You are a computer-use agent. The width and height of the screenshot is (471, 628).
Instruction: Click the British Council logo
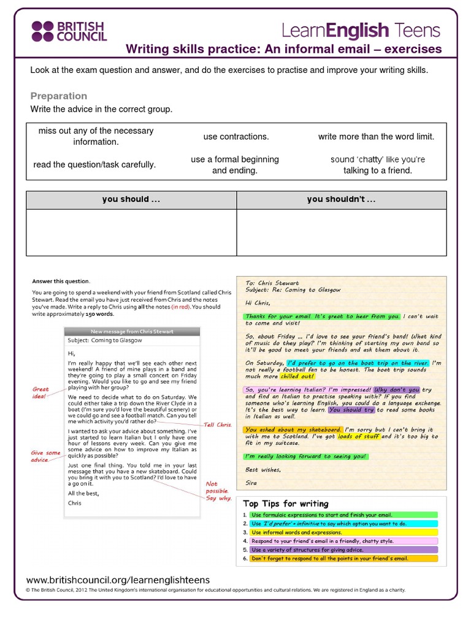69,31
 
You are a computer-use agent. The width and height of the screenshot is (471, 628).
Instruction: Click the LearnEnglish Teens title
360,29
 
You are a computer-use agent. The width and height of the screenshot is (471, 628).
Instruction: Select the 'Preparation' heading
59,96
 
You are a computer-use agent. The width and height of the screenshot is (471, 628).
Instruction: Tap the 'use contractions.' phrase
236,137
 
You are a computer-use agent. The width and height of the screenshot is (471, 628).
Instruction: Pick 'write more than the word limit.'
376,137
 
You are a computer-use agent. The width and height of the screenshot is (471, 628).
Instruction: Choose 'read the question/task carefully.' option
95,164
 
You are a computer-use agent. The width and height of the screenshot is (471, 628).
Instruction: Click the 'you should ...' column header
131,200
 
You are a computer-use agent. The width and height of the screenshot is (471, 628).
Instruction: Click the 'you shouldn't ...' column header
341,200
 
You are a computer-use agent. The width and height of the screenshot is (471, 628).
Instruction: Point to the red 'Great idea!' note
40,392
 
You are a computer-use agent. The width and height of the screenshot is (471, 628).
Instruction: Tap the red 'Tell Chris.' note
218,424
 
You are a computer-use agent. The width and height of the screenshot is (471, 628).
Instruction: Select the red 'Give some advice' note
46,456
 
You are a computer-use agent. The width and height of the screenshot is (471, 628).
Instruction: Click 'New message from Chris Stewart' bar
131,332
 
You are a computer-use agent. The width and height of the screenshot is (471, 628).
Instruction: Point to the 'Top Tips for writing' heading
286,504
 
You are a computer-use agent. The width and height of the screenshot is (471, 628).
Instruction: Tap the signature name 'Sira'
251,483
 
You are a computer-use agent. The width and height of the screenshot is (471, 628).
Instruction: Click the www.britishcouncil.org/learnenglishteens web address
118,580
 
